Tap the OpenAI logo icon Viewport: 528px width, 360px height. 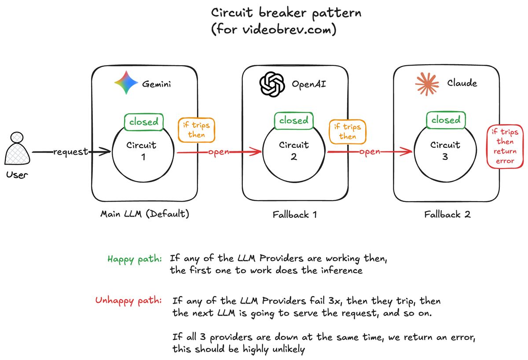[x=272, y=84]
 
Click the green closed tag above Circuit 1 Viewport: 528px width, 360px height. [x=143, y=122]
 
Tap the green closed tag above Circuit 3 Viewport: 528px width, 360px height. [x=445, y=120]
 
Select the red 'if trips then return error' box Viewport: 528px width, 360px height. [x=505, y=147]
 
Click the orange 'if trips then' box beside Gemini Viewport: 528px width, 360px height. [x=196, y=130]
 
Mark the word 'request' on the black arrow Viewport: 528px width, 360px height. [x=70, y=152]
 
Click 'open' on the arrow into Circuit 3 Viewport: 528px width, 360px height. [x=370, y=152]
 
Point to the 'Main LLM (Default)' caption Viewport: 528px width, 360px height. [x=145, y=214]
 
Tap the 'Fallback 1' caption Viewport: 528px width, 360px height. [x=294, y=215]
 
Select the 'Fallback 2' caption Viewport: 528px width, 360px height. [x=447, y=215]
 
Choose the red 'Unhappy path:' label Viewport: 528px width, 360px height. [x=128, y=301]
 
